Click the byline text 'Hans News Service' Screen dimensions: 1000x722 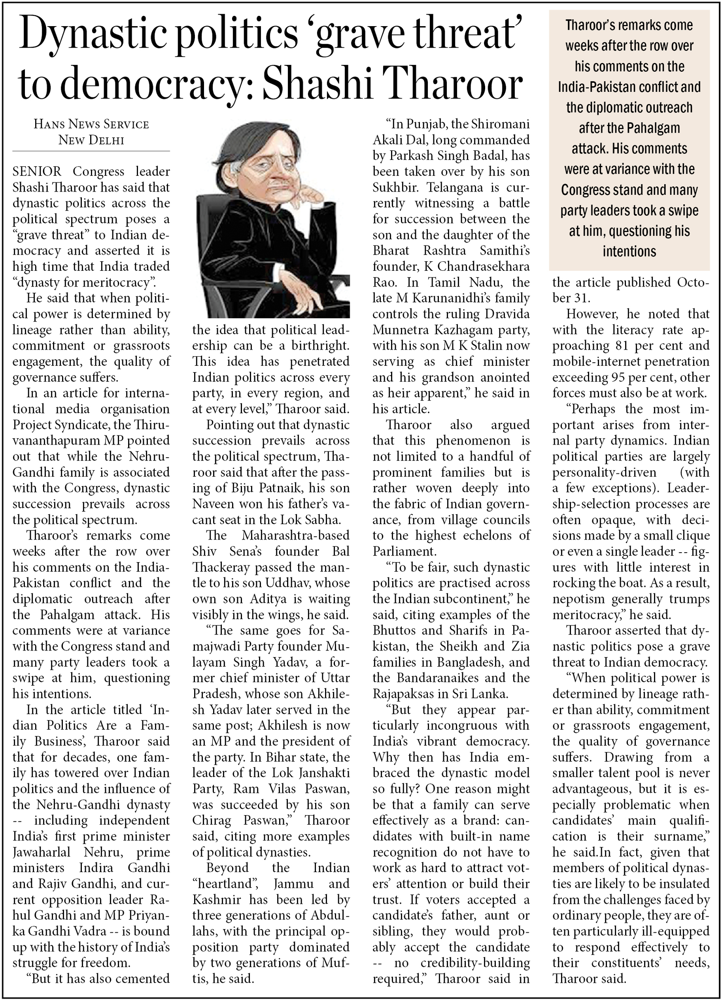pyautogui.click(x=91, y=124)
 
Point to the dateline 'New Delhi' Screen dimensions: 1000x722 pyautogui.click(x=91, y=140)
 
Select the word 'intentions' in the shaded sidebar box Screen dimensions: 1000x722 pyautogui.click(x=629, y=251)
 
